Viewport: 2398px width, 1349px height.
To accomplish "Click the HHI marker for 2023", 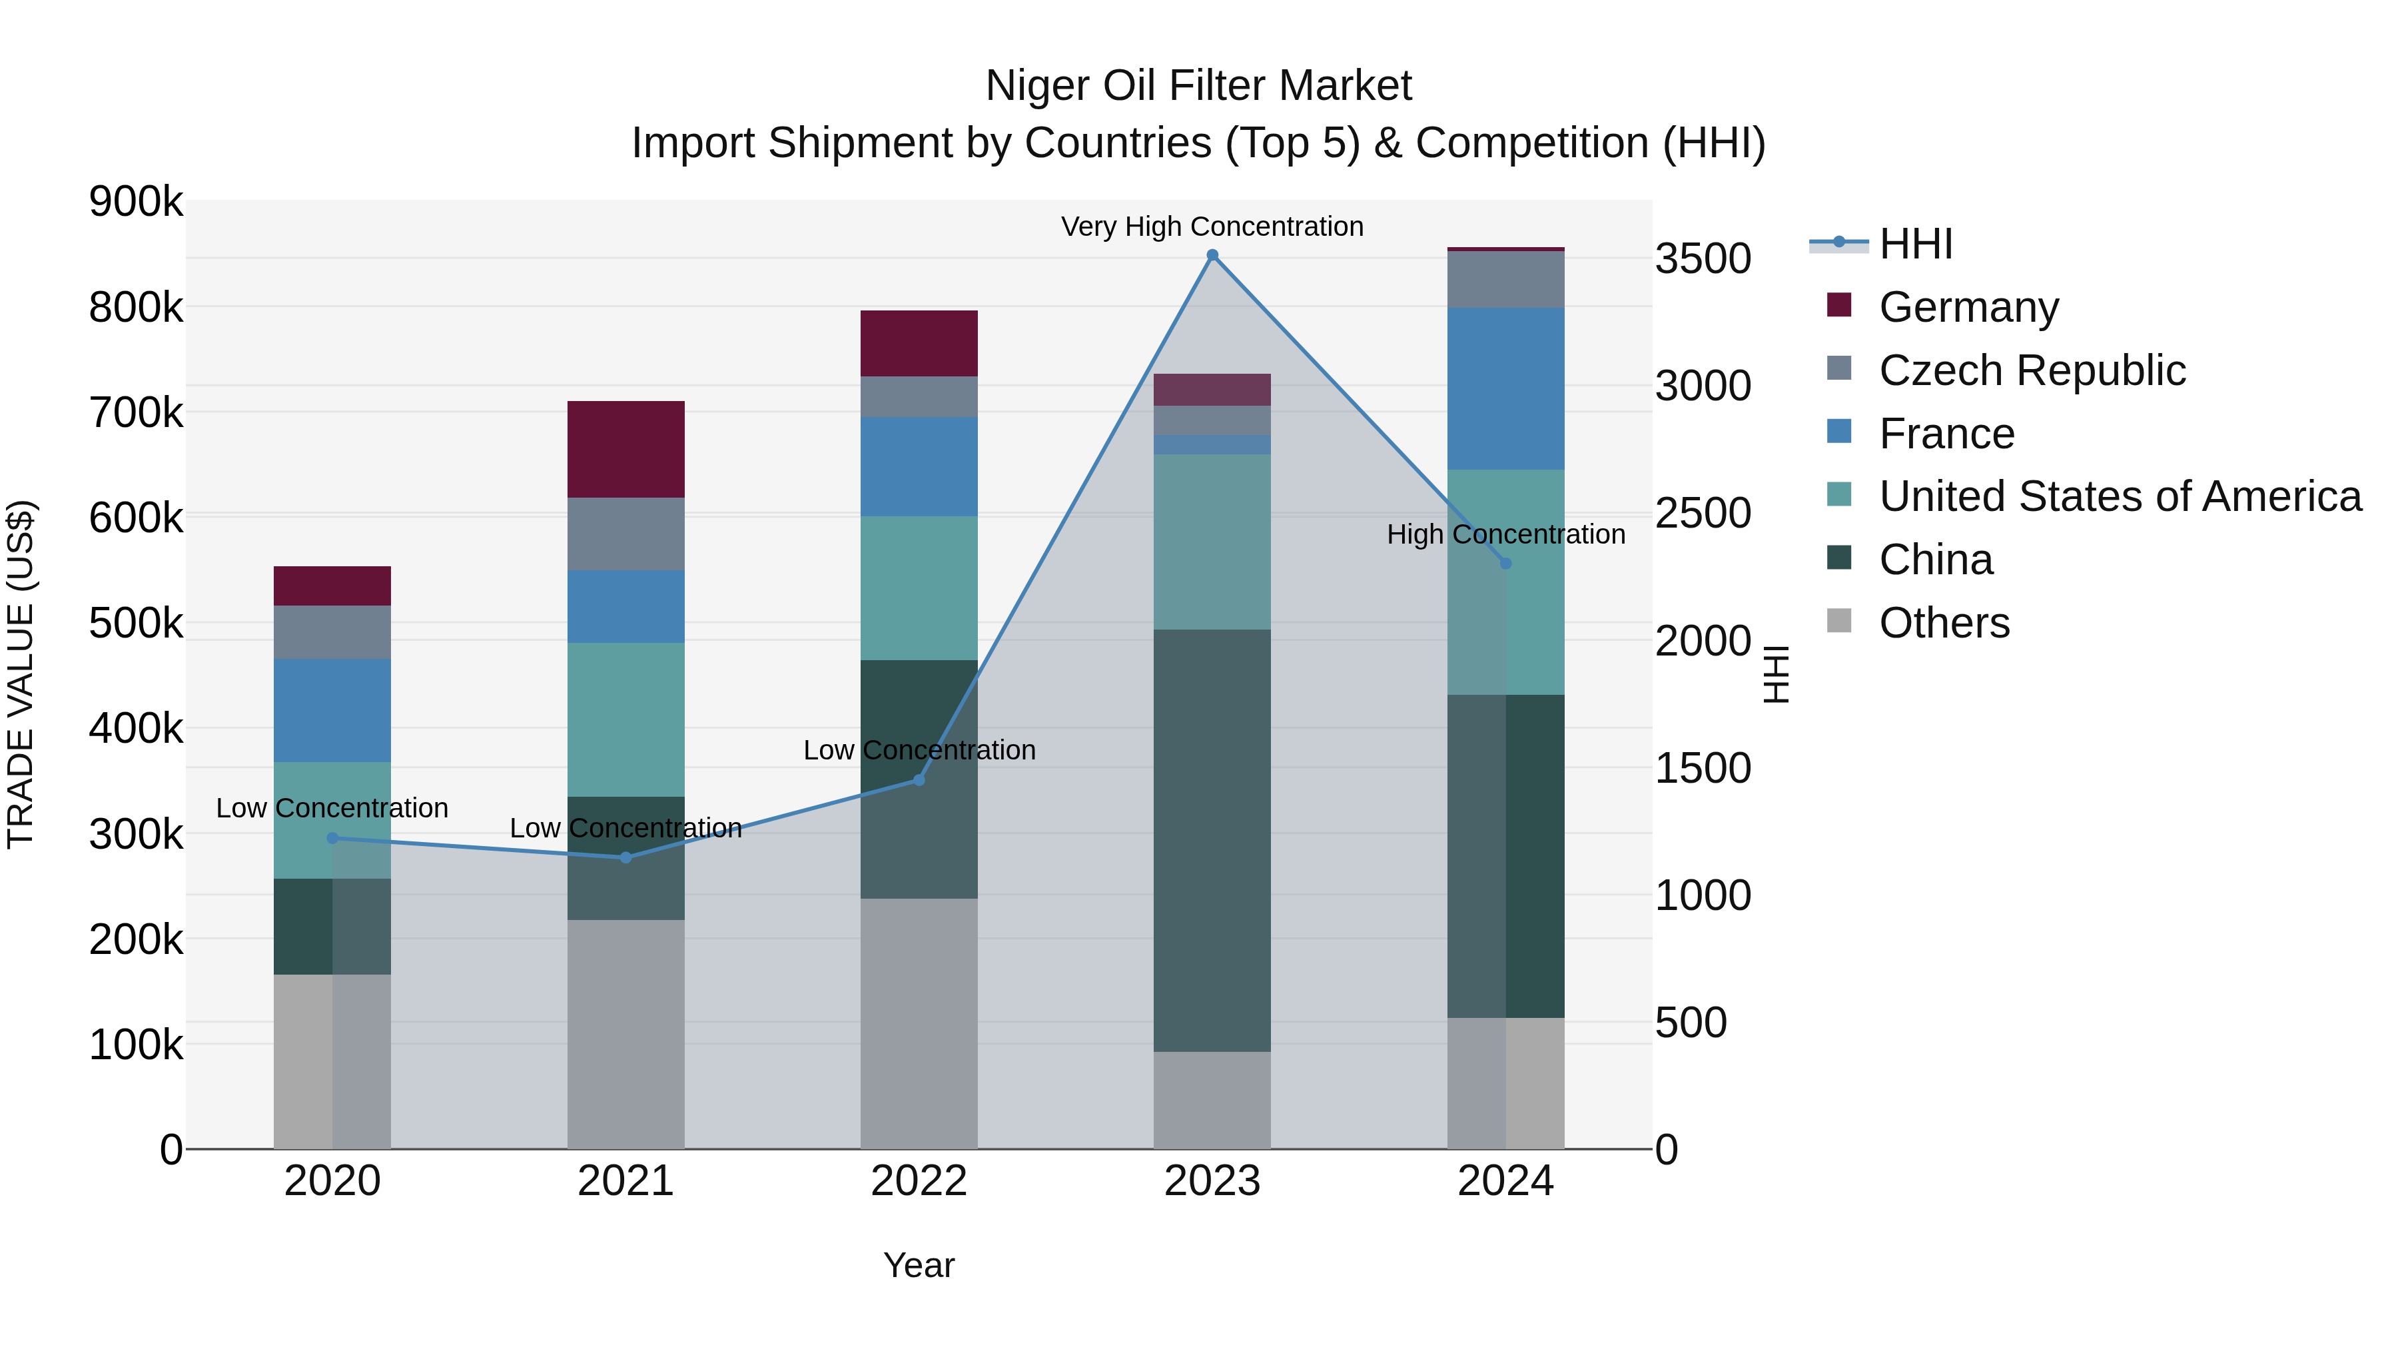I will point(1212,255).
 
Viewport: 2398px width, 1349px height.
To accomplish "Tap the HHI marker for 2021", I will point(625,857).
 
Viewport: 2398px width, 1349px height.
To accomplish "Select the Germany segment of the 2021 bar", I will point(625,449).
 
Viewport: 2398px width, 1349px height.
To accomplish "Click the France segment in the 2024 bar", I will point(1505,388).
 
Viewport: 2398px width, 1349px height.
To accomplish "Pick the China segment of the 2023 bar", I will point(1212,840).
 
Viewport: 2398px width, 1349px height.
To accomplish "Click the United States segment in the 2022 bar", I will point(919,588).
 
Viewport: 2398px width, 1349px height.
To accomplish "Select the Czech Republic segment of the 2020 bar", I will point(332,632).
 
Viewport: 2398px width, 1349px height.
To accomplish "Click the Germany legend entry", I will point(1968,307).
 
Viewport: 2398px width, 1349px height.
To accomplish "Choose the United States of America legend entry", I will point(2119,496).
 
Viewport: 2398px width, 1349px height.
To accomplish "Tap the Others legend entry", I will point(1944,623).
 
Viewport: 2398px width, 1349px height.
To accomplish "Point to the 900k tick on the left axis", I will point(136,202).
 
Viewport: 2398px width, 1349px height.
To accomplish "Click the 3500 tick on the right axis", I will point(1703,259).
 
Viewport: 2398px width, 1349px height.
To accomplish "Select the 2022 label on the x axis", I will point(919,1181).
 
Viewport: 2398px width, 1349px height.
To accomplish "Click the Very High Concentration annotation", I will point(1212,226).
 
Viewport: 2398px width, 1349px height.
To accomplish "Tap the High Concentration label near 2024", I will point(1505,534).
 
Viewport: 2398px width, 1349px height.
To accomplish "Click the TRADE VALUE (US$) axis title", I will point(21,674).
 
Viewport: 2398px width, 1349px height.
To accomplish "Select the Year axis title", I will point(919,1265).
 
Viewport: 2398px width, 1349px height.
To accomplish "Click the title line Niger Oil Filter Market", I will point(1198,86).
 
